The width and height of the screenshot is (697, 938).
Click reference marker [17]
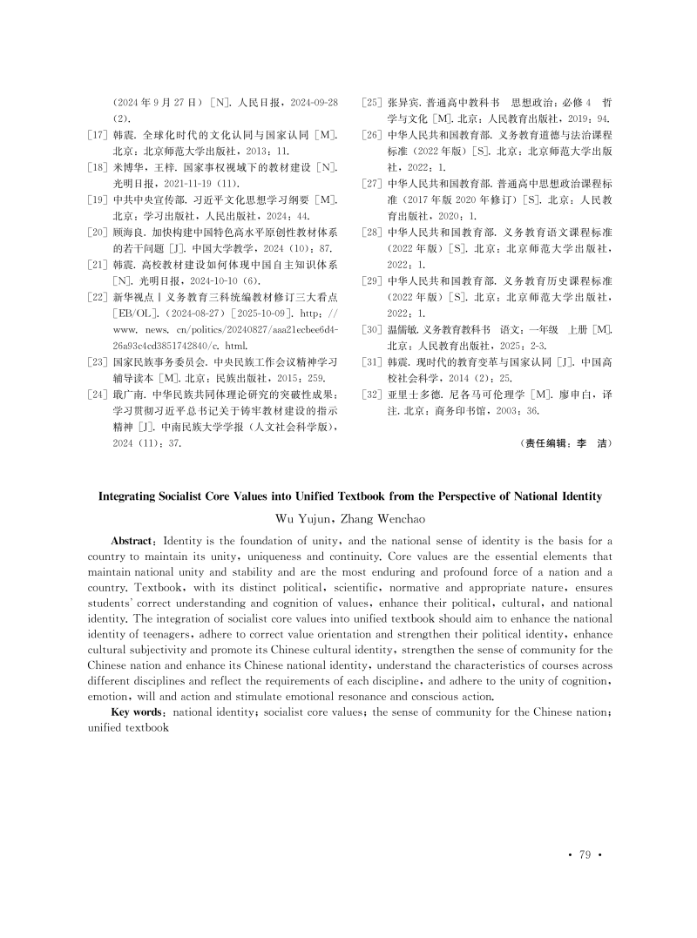coord(99,136)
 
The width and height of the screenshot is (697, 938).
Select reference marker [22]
coord(99,298)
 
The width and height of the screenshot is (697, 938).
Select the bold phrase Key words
coord(140,712)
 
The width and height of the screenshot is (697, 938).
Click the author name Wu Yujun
coord(302,519)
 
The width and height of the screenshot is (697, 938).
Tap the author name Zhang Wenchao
coord(382,519)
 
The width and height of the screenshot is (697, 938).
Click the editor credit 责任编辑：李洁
coord(567,442)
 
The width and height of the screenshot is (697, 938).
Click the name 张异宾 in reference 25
coord(403,103)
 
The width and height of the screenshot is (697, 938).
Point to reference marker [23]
coord(99,362)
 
